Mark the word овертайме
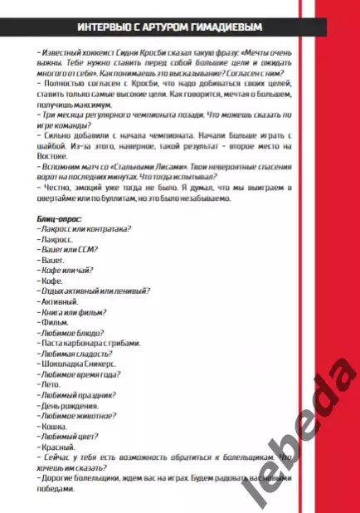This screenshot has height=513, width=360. click(x=57, y=197)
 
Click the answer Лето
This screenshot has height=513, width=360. click(x=49, y=384)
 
